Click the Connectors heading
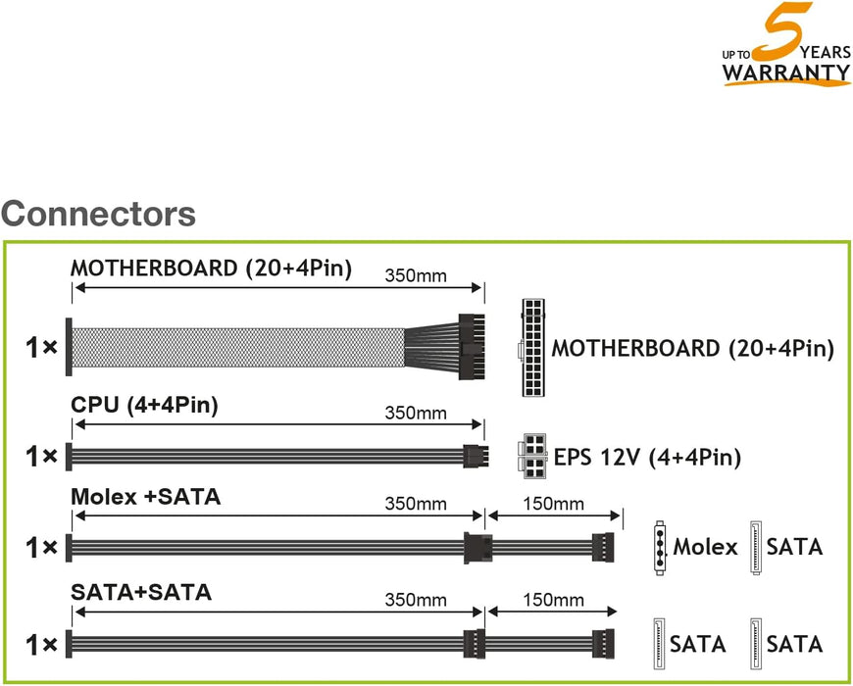98,214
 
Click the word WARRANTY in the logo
786,73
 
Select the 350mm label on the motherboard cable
416,275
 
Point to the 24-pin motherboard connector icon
533,347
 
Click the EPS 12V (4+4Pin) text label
647,457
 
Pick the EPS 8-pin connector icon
533,456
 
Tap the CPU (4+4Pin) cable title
144,405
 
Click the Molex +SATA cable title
146,497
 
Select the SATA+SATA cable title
141,592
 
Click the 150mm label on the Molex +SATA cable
553,504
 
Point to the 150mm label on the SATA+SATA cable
553,600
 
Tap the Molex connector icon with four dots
659,547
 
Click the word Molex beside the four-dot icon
705,547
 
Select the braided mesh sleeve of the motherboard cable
238,347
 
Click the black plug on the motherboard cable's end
472,347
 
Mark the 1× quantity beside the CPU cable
41,457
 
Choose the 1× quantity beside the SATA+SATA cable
41,645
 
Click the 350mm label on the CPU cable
416,414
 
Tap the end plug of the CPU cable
476,456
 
